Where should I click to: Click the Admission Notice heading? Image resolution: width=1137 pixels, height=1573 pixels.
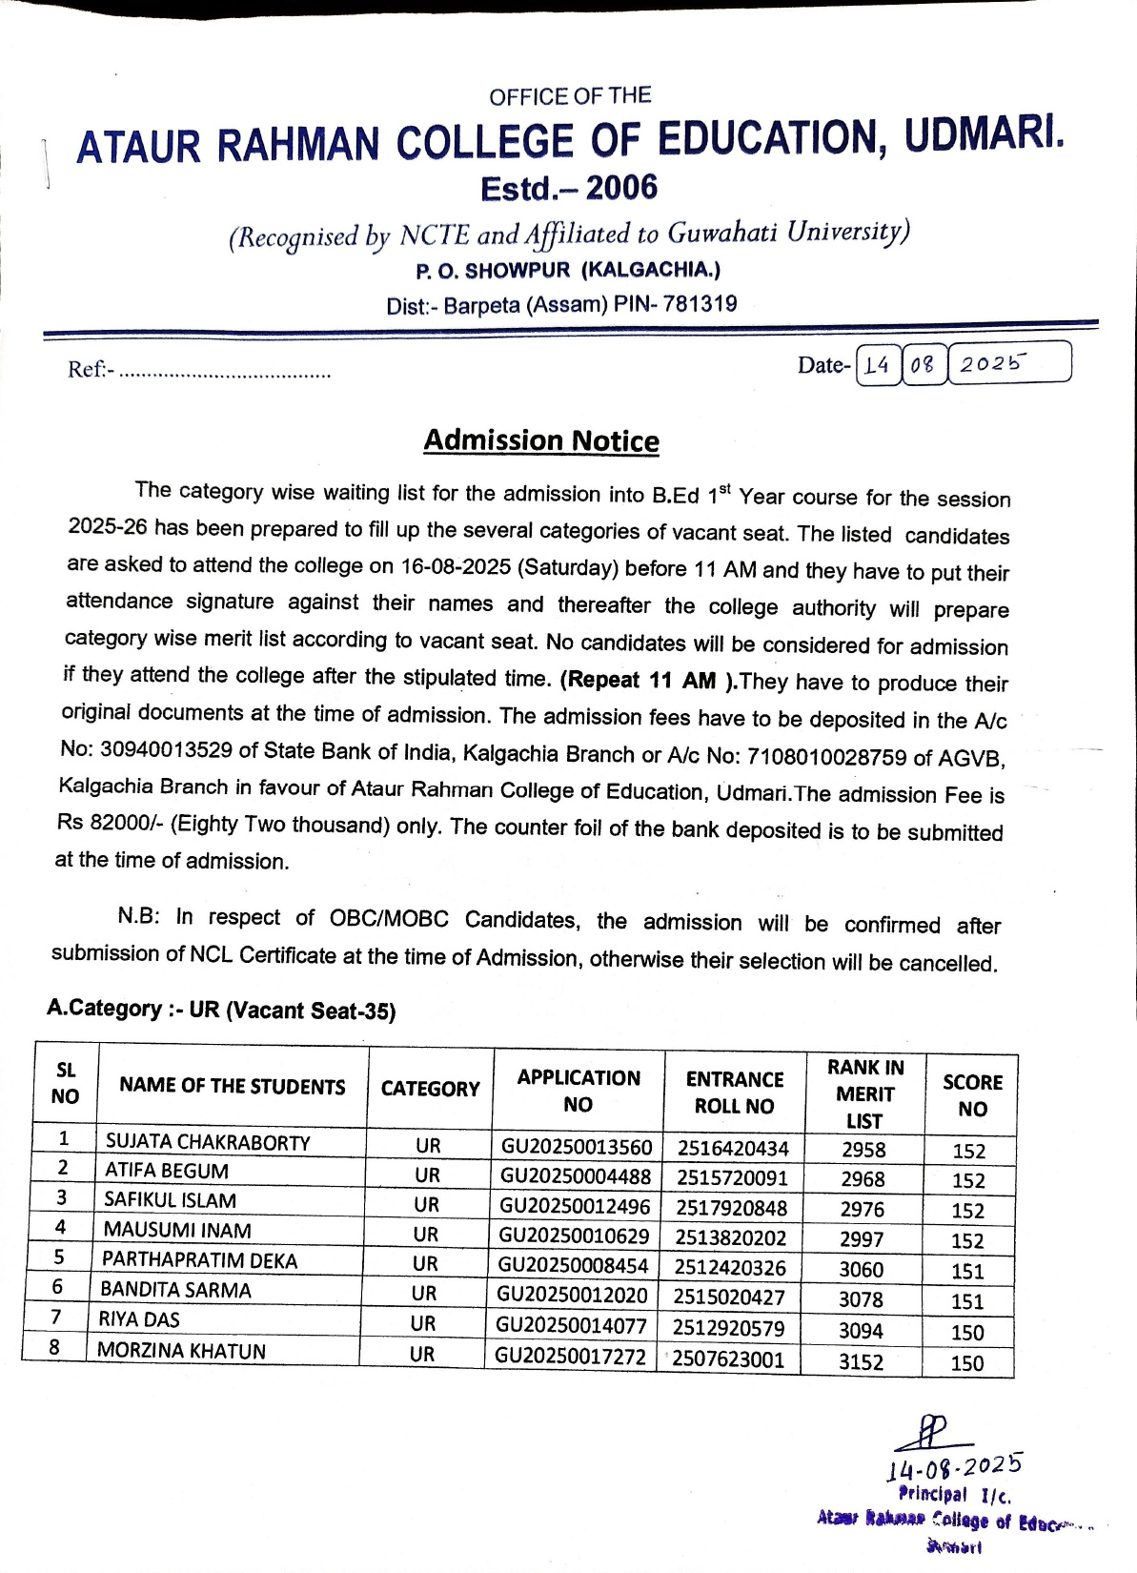pos(541,440)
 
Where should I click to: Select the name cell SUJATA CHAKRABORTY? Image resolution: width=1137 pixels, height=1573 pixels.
pos(208,1141)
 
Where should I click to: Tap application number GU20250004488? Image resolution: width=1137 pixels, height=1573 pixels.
pos(576,1176)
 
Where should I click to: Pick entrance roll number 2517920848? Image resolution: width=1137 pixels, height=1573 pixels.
pos(732,1208)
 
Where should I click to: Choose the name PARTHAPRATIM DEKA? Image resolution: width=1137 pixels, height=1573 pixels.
pos(200,1259)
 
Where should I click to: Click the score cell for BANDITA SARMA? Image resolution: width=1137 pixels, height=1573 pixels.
pos(967,1300)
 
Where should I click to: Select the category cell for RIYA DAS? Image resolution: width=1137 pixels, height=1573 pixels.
pos(423,1323)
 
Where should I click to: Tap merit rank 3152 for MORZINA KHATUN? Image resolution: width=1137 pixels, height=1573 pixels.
pos(861,1361)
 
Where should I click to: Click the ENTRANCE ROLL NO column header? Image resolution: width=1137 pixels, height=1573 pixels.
pos(734,1093)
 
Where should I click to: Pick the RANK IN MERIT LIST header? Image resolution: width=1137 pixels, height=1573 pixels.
pos(865,1093)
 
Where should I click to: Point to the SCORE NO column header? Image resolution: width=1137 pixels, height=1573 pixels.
pos(972,1095)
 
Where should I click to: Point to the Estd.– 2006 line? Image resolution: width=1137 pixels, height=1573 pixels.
pos(569,188)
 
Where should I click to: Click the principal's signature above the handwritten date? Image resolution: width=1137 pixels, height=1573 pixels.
pos(932,1432)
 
